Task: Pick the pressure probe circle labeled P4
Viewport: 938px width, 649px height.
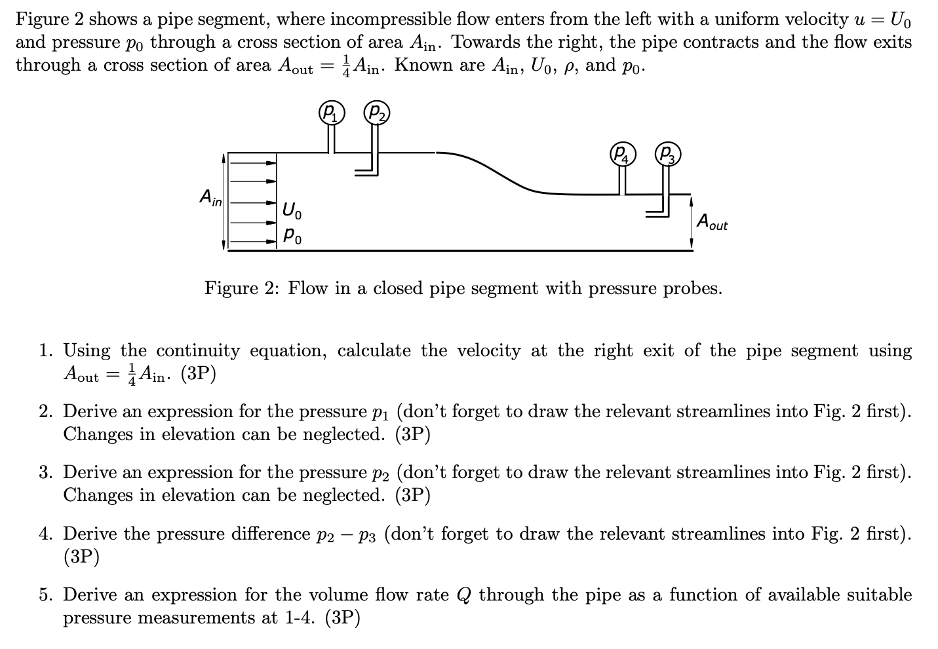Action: pos(621,155)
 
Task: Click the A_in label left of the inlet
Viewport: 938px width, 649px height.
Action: pos(210,196)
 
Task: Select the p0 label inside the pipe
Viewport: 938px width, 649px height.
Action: pos(292,235)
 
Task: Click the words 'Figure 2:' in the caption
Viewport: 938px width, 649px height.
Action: pos(241,288)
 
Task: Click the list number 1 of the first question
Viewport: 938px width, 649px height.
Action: pos(44,351)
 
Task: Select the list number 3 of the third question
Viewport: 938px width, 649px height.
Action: pos(44,473)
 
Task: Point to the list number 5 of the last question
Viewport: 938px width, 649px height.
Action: pos(44,595)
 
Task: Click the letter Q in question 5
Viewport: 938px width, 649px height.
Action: pos(463,595)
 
